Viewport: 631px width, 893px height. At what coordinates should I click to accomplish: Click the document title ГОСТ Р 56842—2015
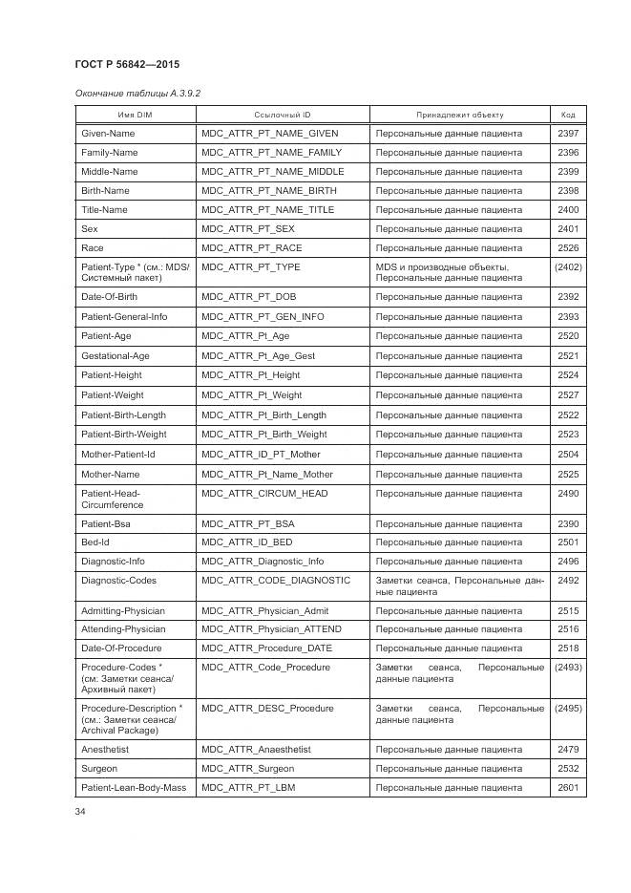pos(126,64)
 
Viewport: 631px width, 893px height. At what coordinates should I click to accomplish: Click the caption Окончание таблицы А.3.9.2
pos(137,93)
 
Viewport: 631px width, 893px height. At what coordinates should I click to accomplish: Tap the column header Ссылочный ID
pos(283,115)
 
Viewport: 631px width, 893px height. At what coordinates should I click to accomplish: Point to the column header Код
pos(568,115)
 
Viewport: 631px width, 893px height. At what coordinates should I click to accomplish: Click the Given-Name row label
pos(108,134)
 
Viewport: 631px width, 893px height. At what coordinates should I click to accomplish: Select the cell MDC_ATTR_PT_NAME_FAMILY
pos(271,153)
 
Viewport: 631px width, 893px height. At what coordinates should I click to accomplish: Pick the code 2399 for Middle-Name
pos(568,172)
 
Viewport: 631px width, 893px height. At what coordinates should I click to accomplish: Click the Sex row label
pos(90,229)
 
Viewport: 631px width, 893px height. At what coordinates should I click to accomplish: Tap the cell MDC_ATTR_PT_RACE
pos(252,248)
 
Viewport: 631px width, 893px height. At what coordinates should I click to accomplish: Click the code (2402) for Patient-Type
pos(568,267)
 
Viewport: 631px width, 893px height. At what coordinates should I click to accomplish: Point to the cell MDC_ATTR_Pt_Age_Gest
pos(258,356)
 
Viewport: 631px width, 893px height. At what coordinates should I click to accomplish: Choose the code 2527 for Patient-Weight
pos(568,395)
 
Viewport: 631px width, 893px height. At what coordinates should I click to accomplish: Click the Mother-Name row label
pos(111,475)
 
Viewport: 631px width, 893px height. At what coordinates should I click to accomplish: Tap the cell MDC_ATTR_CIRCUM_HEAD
pos(264,494)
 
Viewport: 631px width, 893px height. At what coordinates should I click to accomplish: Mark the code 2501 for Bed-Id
pos(568,542)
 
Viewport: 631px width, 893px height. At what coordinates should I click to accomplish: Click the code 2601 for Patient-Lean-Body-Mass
pos(568,788)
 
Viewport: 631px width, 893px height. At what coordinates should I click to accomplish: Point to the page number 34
pos(81,812)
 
